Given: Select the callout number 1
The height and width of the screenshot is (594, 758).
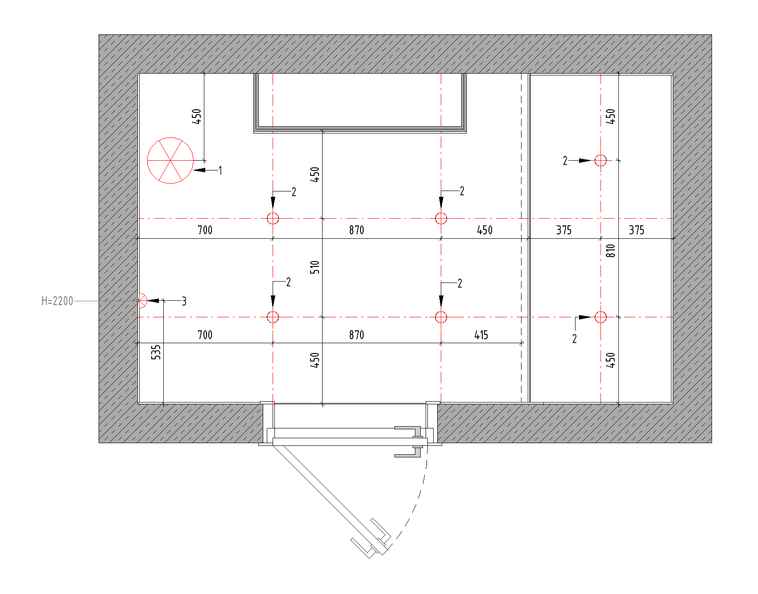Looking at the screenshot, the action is [x=220, y=170].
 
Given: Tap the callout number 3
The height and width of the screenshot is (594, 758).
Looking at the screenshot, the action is [x=184, y=301].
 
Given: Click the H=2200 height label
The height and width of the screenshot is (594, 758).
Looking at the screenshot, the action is [x=57, y=301].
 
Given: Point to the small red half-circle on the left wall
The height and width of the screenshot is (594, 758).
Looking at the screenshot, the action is [x=142, y=300].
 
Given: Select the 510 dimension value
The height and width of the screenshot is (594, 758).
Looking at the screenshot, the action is [x=315, y=267].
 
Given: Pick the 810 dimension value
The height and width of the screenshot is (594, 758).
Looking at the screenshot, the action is [x=611, y=251].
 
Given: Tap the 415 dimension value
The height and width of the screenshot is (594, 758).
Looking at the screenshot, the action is [x=481, y=335].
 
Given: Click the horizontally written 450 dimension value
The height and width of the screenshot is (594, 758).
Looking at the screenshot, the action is [x=485, y=230].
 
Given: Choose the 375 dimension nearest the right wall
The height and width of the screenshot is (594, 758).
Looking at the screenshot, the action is [x=637, y=230].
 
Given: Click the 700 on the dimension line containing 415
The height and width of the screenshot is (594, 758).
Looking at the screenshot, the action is [x=205, y=335].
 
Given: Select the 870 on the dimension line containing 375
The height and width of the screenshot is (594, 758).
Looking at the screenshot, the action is [x=356, y=230].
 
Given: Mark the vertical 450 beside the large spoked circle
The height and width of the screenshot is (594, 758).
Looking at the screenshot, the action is [x=197, y=116].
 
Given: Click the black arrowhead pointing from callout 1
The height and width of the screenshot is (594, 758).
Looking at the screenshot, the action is [x=199, y=170].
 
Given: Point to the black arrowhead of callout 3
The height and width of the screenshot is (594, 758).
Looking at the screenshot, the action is [x=153, y=301].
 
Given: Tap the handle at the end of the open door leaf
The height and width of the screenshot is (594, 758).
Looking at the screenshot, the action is [x=371, y=538].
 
